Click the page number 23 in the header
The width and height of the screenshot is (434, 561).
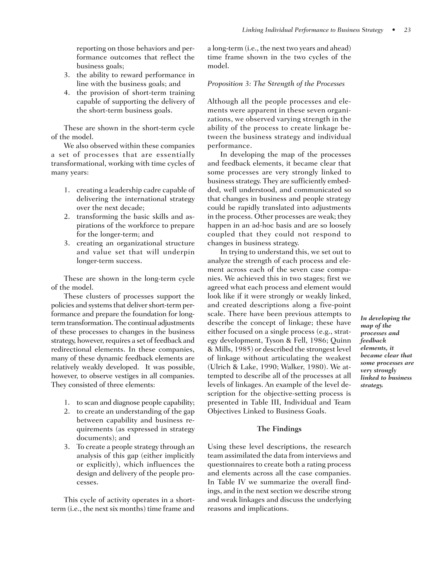point(407,30)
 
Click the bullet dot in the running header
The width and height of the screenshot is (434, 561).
point(394,30)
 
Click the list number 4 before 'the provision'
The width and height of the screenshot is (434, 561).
point(67,93)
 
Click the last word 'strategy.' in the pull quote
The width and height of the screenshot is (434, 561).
point(371,385)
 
